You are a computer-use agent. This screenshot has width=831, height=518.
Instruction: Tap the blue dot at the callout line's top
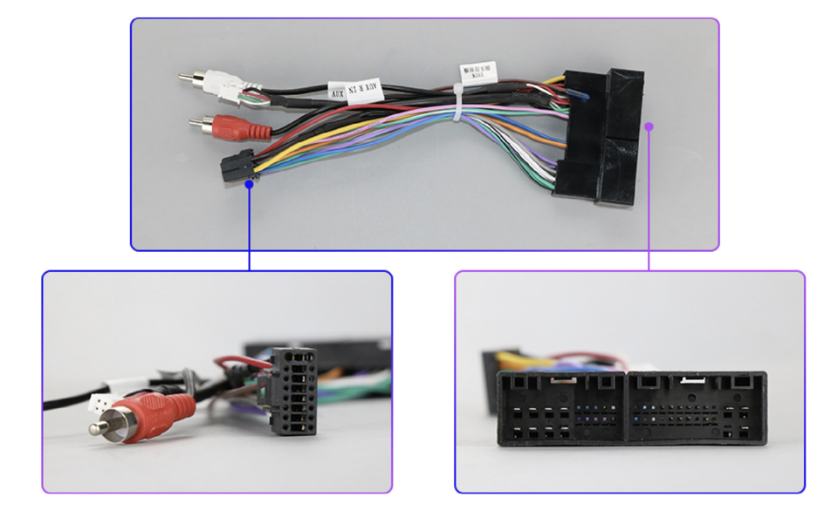pyautogui.click(x=250, y=182)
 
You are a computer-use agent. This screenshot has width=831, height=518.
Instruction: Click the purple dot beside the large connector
pyautogui.click(x=649, y=126)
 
